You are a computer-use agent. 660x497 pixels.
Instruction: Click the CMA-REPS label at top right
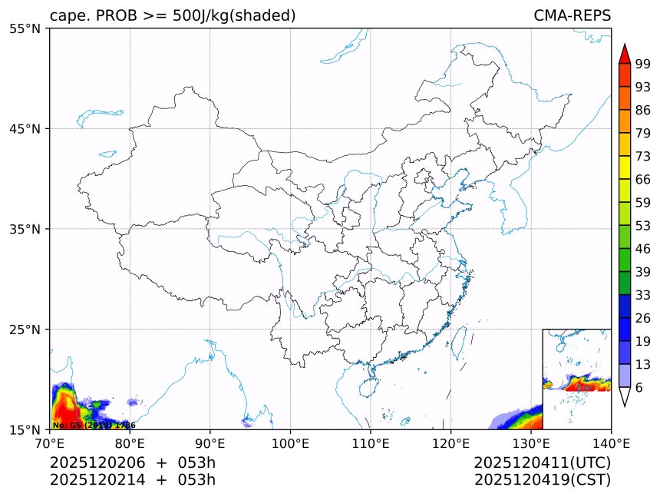[x=572, y=15]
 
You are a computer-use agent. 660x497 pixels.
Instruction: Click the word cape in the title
[x=67, y=15]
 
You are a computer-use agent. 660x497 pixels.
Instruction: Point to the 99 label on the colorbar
[x=643, y=64]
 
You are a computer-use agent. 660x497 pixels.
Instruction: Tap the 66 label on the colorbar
[x=643, y=179]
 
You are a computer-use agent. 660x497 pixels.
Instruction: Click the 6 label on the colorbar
[x=639, y=387]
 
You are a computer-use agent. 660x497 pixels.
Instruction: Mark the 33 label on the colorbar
[x=643, y=294]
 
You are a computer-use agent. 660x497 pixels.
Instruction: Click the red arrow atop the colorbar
[x=625, y=54]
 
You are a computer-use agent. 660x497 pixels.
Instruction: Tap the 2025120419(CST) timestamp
[x=542, y=480]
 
